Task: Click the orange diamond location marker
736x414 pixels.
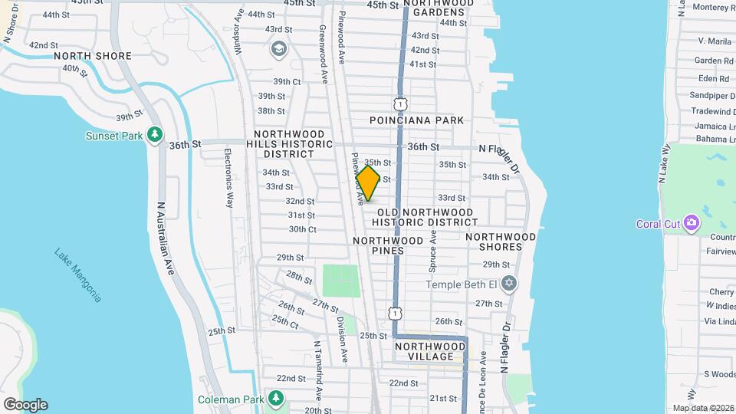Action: click(368, 183)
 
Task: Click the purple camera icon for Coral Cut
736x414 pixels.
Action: click(692, 223)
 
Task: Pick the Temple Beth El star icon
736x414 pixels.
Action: click(508, 284)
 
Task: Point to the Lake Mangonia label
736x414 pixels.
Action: click(77, 274)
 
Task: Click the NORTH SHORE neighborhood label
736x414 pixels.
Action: click(93, 56)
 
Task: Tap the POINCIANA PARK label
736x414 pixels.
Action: click(416, 120)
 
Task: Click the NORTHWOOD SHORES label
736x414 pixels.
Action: click(500, 242)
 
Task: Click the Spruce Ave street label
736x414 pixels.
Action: click(433, 248)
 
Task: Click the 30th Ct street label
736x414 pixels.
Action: click(302, 229)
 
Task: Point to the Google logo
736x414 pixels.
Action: click(25, 404)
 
